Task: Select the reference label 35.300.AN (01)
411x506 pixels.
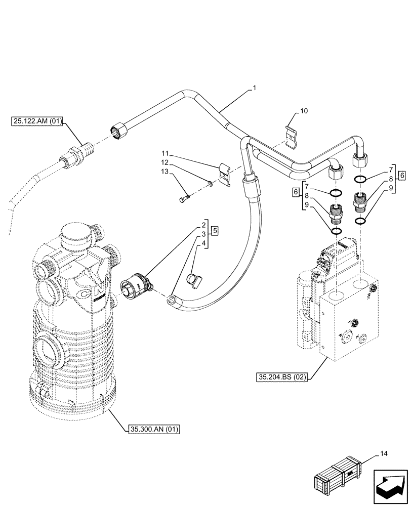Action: point(152,430)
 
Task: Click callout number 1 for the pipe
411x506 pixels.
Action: point(254,88)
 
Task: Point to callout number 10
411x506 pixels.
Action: point(304,110)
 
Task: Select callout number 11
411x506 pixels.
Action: point(166,153)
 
